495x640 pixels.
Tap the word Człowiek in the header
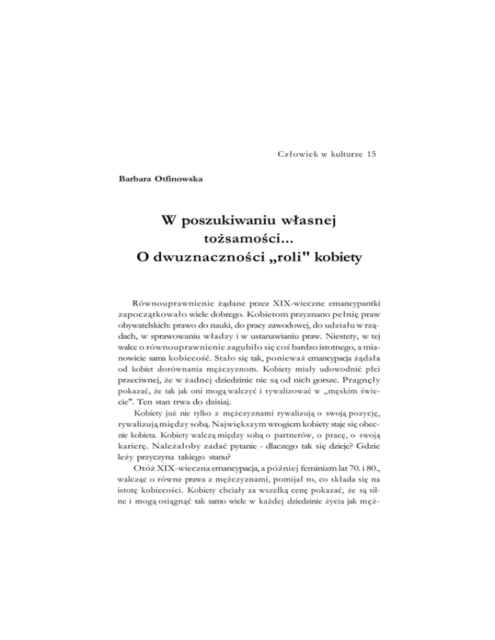pyautogui.click(x=295, y=154)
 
